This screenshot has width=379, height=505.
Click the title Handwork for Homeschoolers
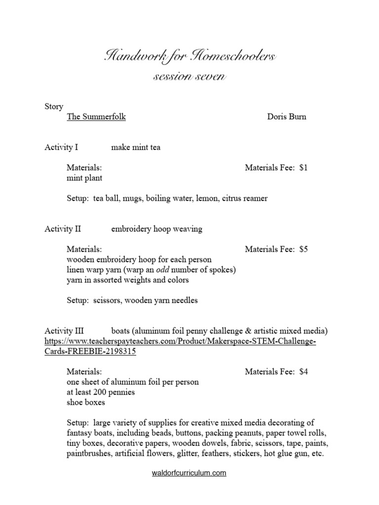coord(190,56)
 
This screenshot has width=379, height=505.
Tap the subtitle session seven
coord(189,77)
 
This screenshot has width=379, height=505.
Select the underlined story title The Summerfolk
coord(96,117)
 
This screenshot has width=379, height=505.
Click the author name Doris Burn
coord(287,117)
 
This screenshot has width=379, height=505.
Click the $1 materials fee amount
coord(303,168)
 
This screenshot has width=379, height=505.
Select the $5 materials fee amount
coord(303,249)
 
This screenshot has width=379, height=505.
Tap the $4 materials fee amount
coord(303,371)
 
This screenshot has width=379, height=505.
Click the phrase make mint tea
coord(136,147)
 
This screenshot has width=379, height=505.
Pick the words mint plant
coord(84,178)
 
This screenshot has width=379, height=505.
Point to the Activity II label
coord(63,229)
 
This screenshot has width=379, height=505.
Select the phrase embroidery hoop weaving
coord(156,229)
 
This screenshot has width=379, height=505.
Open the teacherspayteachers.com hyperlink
coord(180,341)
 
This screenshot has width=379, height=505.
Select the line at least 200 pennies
coord(101,392)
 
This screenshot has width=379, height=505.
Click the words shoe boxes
coord(86,402)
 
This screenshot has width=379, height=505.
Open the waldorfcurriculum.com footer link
coord(189,473)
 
